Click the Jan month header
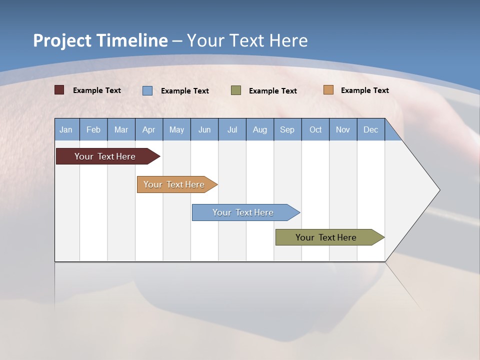point(66,129)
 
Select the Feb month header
point(93,129)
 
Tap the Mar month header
point(121,129)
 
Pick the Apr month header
point(149,129)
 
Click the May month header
point(176,129)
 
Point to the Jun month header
point(204,129)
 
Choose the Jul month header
point(232,129)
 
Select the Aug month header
point(260,129)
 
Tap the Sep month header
point(287,129)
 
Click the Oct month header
point(315,129)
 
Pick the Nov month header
point(343,129)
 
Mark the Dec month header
point(371,129)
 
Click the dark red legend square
point(59,90)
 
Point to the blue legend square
point(147,90)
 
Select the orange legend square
point(328,90)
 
